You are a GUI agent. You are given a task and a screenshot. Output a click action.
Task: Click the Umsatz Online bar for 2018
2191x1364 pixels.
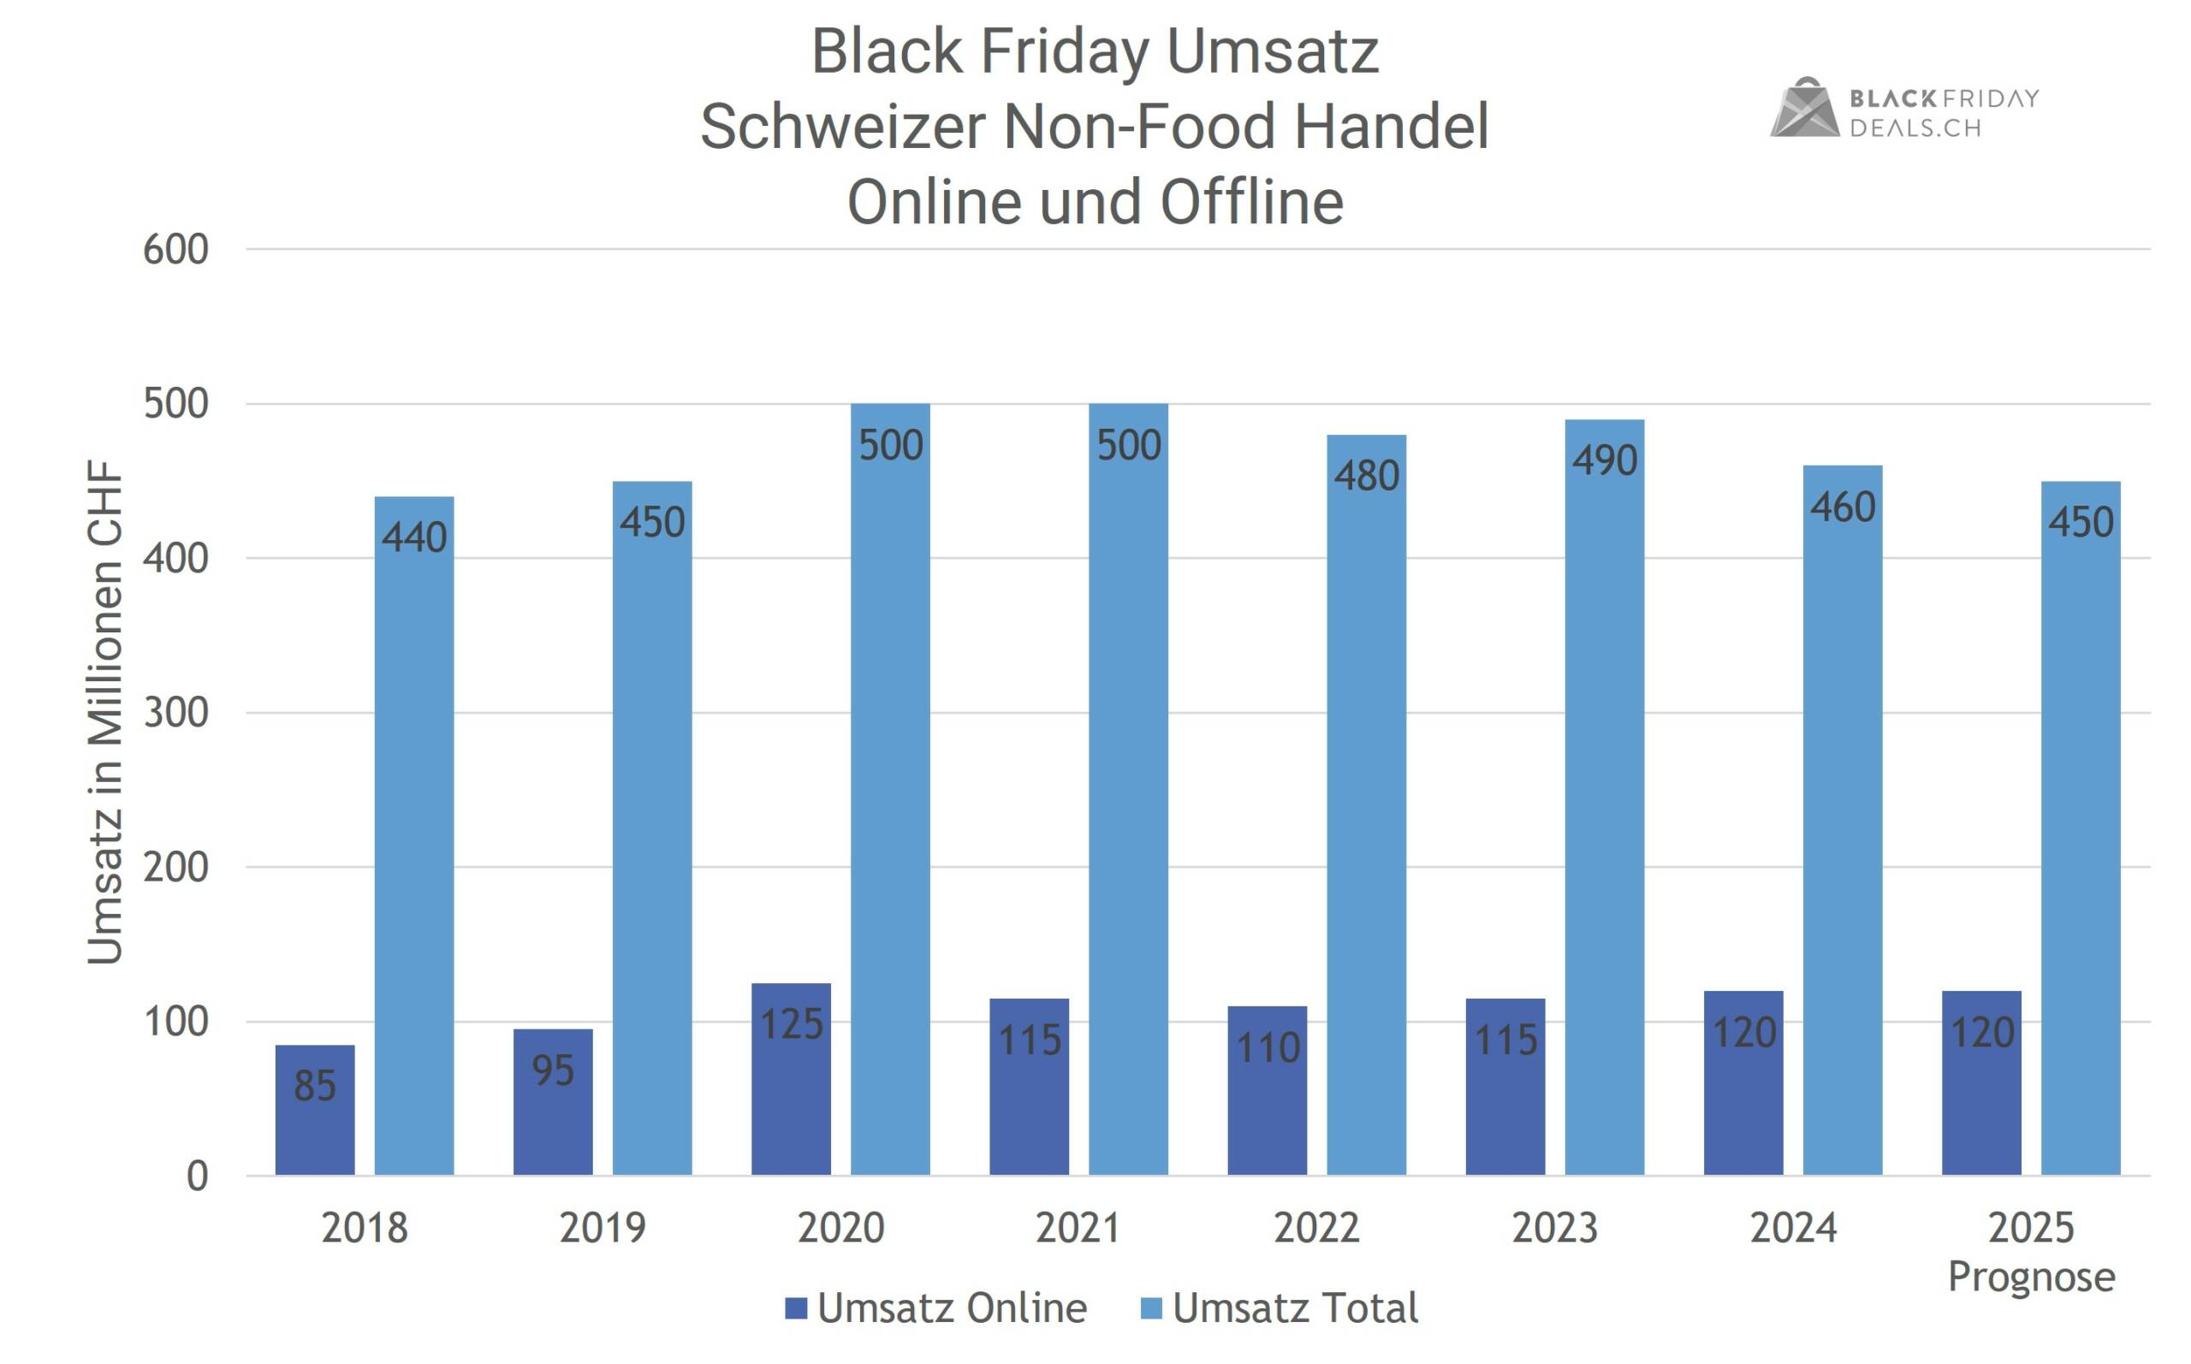point(315,1110)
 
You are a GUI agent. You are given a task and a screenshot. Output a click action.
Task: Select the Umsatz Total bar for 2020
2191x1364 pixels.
point(890,789)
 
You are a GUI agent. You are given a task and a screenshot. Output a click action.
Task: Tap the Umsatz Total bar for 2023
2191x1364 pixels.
point(1604,798)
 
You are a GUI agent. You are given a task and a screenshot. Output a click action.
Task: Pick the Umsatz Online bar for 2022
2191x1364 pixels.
point(1267,1091)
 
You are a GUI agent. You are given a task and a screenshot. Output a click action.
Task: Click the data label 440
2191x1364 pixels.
point(414,537)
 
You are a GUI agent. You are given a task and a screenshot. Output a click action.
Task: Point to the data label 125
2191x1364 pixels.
point(791,1024)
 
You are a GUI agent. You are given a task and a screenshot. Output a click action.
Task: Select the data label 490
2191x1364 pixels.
point(1604,461)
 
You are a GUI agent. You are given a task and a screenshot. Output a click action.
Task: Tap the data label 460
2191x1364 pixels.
point(1842,507)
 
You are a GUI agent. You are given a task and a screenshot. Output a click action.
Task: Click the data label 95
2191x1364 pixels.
point(552,1070)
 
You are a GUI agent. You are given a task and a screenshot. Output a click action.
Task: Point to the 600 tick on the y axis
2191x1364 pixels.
point(176,250)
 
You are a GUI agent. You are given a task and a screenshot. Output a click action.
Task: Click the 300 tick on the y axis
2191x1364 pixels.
point(176,713)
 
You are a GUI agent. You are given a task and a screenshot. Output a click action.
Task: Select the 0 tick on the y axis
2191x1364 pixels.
point(198,1177)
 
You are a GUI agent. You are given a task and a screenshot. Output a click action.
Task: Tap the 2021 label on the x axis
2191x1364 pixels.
point(1078,1228)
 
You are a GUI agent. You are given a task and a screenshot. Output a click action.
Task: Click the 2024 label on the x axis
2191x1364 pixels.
point(1792,1228)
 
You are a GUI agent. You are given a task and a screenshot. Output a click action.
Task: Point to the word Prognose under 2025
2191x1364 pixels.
point(2031,1277)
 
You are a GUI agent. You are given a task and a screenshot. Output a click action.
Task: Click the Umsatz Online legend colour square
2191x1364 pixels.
point(796,1308)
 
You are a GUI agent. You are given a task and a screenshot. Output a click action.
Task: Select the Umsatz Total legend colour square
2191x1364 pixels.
point(1151,1308)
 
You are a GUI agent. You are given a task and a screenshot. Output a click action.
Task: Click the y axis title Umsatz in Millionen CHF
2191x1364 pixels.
point(104,713)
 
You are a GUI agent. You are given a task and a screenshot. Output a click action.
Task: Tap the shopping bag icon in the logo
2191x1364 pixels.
point(1803,110)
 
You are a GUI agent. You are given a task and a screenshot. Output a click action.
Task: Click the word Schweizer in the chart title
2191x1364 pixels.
point(842,127)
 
